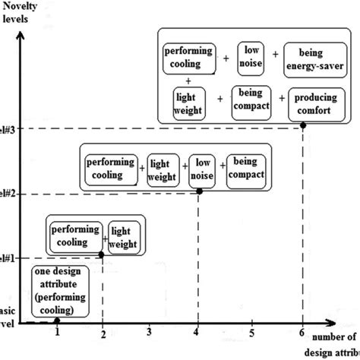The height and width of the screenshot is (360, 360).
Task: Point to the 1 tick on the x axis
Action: [x=58, y=332]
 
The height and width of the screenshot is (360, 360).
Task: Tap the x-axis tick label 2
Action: [x=103, y=332]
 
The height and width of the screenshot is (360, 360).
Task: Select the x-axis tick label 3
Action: [x=150, y=332]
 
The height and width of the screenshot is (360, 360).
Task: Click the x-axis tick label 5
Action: [x=251, y=332]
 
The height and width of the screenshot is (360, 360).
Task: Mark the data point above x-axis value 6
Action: [x=304, y=125]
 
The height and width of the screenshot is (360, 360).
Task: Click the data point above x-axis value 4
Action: [x=200, y=191]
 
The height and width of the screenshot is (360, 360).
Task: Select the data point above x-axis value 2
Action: [x=103, y=254]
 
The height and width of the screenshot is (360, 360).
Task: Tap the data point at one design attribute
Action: [x=58, y=320]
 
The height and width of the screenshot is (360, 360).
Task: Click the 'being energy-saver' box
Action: [x=317, y=59]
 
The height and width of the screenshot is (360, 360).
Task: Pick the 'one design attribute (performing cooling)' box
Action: [x=64, y=293]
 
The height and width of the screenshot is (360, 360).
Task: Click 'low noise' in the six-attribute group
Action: [x=250, y=57]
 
